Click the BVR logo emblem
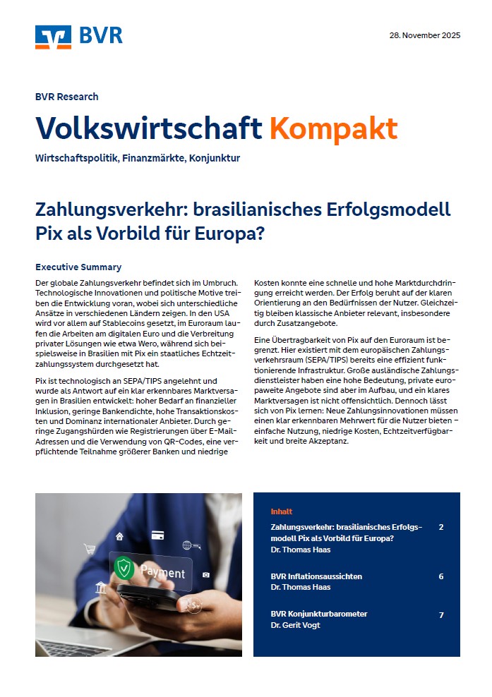tap(53, 37)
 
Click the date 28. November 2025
tap(424, 35)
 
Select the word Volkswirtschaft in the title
tap(149, 128)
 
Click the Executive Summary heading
tap(78, 267)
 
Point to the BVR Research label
tap(67, 97)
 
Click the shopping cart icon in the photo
tap(90, 548)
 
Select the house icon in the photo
tap(120, 536)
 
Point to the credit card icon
tap(158, 535)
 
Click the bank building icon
tap(100, 588)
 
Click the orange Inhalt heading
tap(281, 511)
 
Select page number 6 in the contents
tap(441, 576)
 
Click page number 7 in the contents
tap(441, 615)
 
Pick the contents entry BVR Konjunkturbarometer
tap(319, 614)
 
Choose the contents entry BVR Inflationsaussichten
tap(316, 576)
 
